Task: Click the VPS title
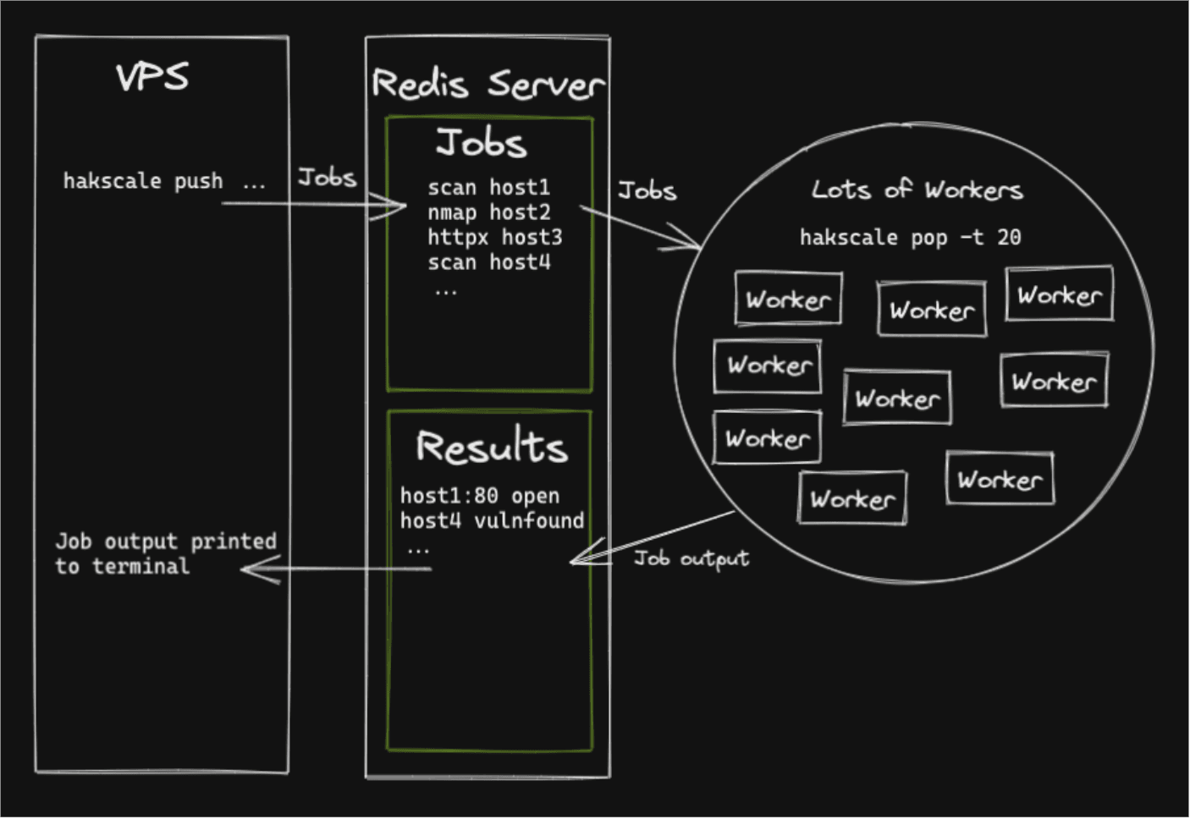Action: tap(152, 78)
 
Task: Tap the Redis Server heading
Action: tap(488, 84)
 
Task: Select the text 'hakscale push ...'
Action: tap(164, 182)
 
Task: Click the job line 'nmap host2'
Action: tap(489, 212)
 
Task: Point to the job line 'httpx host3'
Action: tap(495, 238)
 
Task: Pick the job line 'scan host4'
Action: tap(489, 262)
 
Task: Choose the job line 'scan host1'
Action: tap(489, 188)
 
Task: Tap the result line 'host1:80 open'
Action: tap(480, 496)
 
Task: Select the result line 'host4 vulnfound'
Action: tap(492, 521)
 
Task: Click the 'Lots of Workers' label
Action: tap(917, 190)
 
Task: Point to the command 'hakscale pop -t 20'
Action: tap(911, 238)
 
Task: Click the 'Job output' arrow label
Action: tap(691, 558)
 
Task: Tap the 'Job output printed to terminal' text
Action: tap(166, 554)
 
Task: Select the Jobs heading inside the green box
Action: tap(482, 143)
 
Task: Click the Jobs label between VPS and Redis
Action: tap(327, 178)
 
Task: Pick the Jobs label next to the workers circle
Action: tap(647, 190)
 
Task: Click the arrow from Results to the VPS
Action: tap(336, 569)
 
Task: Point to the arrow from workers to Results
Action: tap(653, 537)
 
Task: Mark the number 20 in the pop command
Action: tap(1010, 238)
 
